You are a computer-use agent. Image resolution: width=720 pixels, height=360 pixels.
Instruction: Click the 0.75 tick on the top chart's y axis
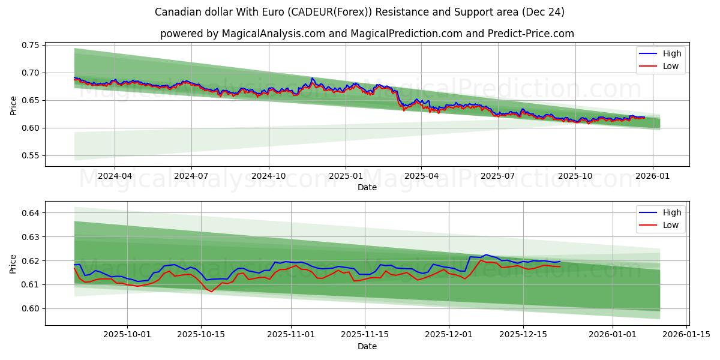coord(31,45)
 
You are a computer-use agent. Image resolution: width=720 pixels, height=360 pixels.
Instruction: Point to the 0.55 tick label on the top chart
coord(31,155)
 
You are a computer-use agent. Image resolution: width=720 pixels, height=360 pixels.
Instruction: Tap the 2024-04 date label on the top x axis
coord(115,176)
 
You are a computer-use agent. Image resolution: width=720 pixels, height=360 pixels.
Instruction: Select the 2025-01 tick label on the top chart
coord(345,176)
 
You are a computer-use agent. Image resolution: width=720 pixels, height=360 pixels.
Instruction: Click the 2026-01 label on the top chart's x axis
coord(652,176)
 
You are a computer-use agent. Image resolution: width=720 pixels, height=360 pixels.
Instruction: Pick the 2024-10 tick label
coord(268,176)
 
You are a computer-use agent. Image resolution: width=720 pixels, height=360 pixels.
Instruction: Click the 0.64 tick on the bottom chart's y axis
coord(31,213)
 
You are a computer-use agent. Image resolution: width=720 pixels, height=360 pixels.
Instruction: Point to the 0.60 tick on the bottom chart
coord(31,308)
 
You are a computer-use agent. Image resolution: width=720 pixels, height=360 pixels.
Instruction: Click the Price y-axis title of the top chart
coord(13,106)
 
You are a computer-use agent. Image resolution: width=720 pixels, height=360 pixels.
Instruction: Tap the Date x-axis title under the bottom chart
coord(367,346)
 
